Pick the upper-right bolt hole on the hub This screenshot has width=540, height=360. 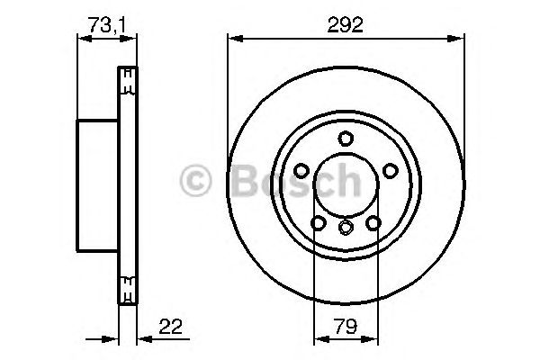click(390, 170)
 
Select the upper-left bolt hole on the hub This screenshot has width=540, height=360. click(301, 170)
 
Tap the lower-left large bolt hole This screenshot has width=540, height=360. click(318, 222)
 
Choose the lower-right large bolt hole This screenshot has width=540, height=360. click(372, 222)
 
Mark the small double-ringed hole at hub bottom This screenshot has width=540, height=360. click(345, 229)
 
